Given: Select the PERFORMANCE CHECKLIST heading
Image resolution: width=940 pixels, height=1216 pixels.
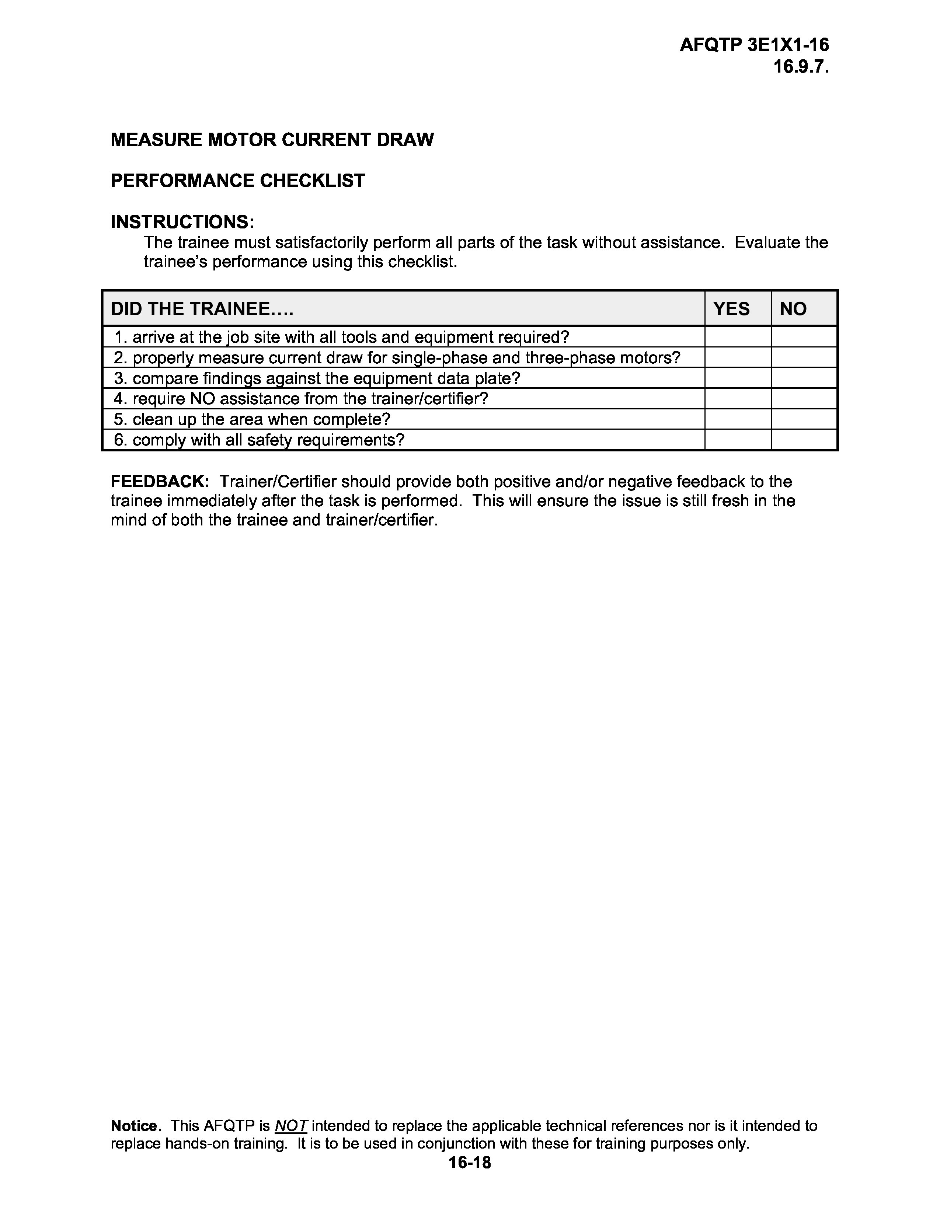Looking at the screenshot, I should tap(238, 181).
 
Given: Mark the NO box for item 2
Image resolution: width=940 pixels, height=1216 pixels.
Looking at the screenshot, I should tap(804, 357).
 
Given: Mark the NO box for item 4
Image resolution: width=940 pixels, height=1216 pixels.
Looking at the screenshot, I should tap(804, 399).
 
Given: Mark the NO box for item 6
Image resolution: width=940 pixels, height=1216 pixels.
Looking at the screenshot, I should tap(804, 440).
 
